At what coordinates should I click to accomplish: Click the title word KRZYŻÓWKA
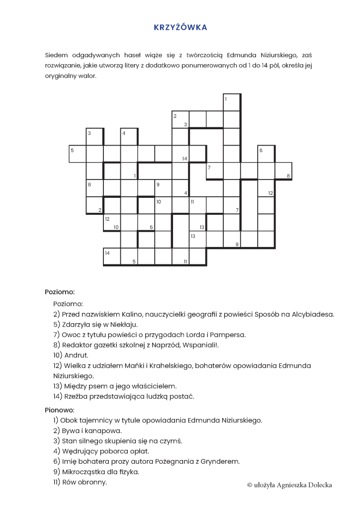point(180,27)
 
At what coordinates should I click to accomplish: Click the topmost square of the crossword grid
point(232,102)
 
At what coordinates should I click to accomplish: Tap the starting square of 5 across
point(77,154)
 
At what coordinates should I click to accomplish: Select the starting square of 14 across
point(111,256)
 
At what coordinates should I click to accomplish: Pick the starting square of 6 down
point(266,154)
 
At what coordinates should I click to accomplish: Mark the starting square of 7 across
point(215,171)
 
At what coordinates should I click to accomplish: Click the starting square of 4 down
point(129,136)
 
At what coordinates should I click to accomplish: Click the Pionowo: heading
point(59,410)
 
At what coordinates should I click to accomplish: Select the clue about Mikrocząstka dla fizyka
point(96,472)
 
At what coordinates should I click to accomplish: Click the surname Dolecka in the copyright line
point(318,485)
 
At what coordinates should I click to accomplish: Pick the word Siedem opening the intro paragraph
point(56,55)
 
